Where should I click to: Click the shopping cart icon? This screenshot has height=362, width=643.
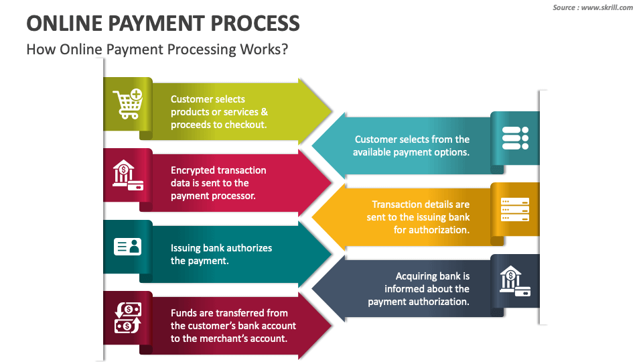(x=128, y=104)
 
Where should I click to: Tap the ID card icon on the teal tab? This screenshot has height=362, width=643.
(x=127, y=247)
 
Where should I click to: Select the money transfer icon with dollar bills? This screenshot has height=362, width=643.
(x=127, y=318)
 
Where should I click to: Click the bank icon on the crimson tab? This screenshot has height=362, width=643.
(x=128, y=175)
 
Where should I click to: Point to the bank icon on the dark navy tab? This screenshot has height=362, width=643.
(x=515, y=281)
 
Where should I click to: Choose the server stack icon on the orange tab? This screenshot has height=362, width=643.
(x=515, y=210)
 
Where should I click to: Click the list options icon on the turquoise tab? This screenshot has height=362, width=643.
(x=515, y=138)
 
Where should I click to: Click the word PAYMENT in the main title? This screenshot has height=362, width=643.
(x=157, y=23)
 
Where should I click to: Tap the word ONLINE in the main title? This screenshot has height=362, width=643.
(x=65, y=23)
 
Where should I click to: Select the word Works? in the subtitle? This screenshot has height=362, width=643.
(x=264, y=49)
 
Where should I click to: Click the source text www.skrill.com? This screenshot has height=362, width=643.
(x=607, y=7)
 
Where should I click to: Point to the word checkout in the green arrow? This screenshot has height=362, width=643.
(x=245, y=125)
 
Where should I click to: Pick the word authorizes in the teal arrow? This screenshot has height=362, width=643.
(x=249, y=248)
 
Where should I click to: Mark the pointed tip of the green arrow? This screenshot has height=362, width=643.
(x=332, y=111)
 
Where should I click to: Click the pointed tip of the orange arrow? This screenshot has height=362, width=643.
(x=312, y=217)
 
